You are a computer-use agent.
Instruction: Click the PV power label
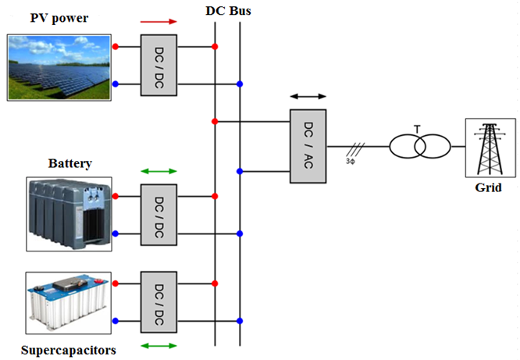pyautogui.click(x=59, y=18)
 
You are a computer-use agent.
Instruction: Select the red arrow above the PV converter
pyautogui.click(x=159, y=23)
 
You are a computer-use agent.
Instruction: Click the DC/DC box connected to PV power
pyautogui.click(x=158, y=66)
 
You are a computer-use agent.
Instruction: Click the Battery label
pyautogui.click(x=70, y=164)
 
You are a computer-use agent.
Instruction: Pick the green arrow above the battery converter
pyautogui.click(x=159, y=171)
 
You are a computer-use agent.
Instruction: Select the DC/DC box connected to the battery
pyautogui.click(x=158, y=215)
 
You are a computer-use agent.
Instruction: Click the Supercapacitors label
pyautogui.click(x=69, y=350)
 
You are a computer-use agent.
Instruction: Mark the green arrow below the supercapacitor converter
pyautogui.click(x=159, y=344)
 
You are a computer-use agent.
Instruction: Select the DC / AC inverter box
pyautogui.click(x=308, y=146)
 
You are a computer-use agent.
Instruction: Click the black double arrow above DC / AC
pyautogui.click(x=308, y=96)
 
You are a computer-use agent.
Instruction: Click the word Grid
pyautogui.click(x=490, y=188)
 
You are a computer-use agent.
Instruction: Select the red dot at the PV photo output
pyautogui.click(x=116, y=47)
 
